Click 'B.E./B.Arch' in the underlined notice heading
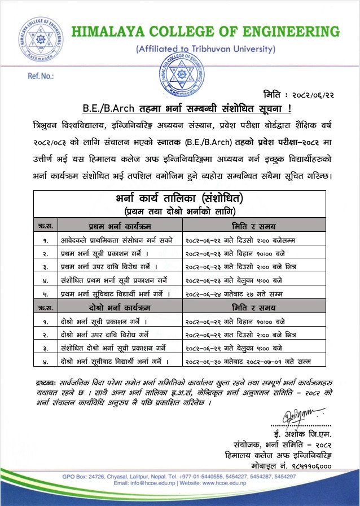tap(104, 108)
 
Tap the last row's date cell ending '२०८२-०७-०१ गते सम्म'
tap(248, 360)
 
